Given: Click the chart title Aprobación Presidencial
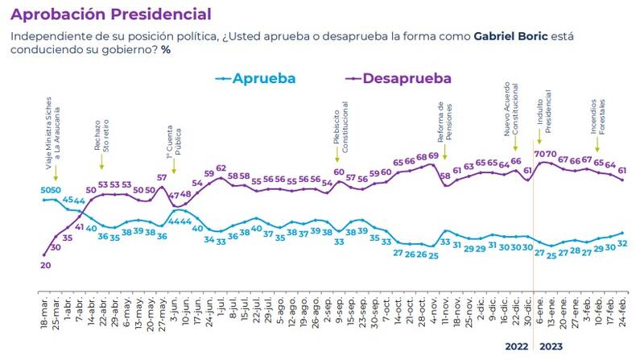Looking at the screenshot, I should click(x=112, y=14).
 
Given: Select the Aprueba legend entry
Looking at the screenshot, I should click(x=256, y=78).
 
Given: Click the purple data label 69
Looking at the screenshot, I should click(x=432, y=156).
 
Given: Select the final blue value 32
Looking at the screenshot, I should click(x=622, y=243).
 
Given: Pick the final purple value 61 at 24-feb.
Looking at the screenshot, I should click(x=622, y=170).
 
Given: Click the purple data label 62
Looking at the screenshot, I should click(x=221, y=168).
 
